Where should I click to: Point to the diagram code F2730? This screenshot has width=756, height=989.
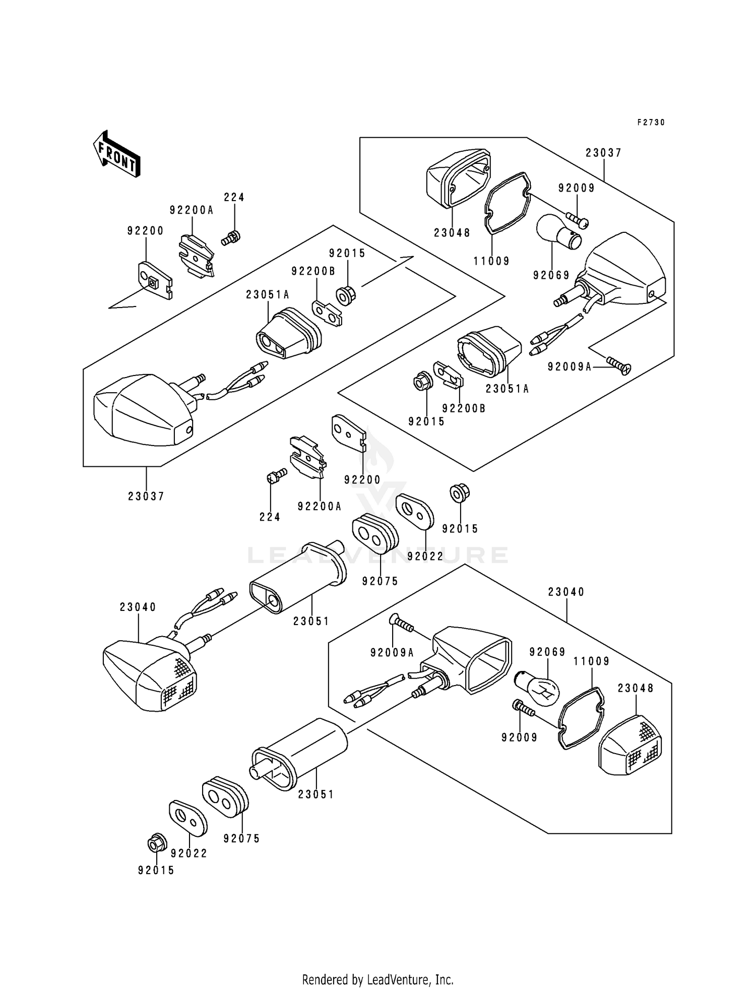click(x=651, y=122)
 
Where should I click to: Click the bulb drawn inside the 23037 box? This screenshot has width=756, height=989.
click(x=559, y=232)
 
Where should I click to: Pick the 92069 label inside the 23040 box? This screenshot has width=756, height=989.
click(x=547, y=652)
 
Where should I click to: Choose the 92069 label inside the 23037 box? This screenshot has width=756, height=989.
click(x=551, y=275)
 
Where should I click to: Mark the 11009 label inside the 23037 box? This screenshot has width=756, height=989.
click(x=491, y=261)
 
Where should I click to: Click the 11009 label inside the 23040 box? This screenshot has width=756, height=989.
click(x=592, y=661)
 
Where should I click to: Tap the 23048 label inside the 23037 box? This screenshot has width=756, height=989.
click(x=452, y=233)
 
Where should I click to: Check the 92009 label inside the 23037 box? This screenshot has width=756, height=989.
click(x=577, y=189)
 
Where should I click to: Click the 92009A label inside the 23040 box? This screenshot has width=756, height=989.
click(x=392, y=653)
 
